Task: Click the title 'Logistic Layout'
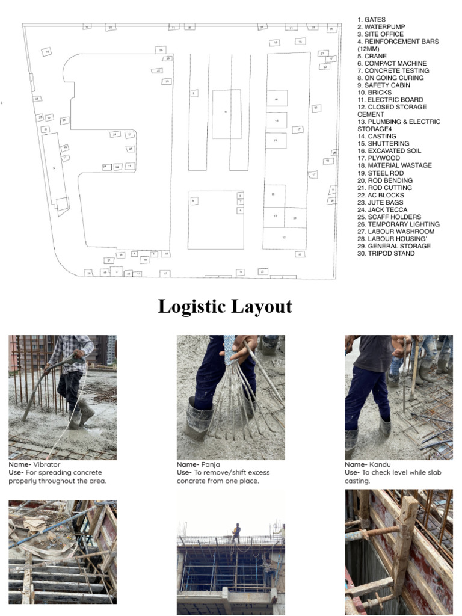pos(225,306)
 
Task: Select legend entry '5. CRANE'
pos(372,56)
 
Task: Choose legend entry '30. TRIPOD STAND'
pos(386,253)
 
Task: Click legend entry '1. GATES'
pos(371,20)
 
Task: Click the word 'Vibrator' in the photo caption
pos(46,465)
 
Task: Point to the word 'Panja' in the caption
pos(211,465)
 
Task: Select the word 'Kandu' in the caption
pos(380,465)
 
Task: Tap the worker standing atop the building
pos(236,532)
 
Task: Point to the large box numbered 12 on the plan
pos(284,237)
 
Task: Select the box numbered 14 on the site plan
pos(276,99)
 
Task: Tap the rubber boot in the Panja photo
pos(200,418)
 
